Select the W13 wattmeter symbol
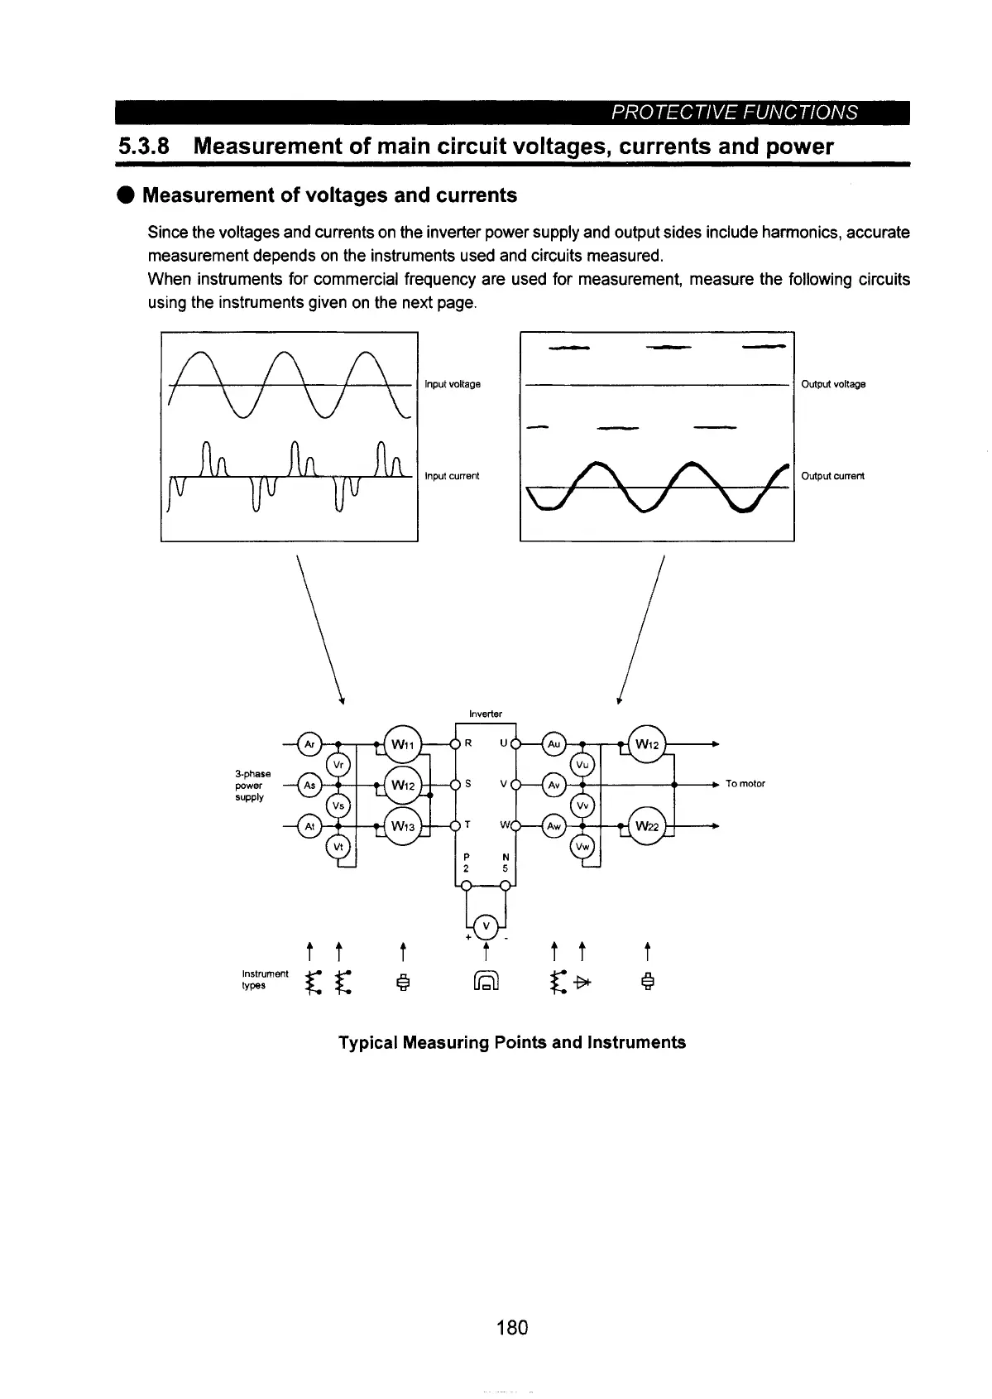click(x=403, y=826)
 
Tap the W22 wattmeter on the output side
click(x=647, y=826)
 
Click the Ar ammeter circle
click(x=309, y=743)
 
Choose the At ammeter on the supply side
click(x=309, y=826)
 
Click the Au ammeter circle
click(x=554, y=743)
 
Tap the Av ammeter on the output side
click(x=554, y=784)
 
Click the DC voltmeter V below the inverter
click(x=486, y=925)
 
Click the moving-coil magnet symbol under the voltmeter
click(x=486, y=983)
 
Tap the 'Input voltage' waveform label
click(x=452, y=384)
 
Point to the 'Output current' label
click(x=832, y=476)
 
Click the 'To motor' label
click(x=745, y=783)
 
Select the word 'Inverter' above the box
click(x=485, y=713)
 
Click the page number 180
click(x=512, y=1328)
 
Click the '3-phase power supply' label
click(x=248, y=785)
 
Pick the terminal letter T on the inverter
click(x=468, y=825)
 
